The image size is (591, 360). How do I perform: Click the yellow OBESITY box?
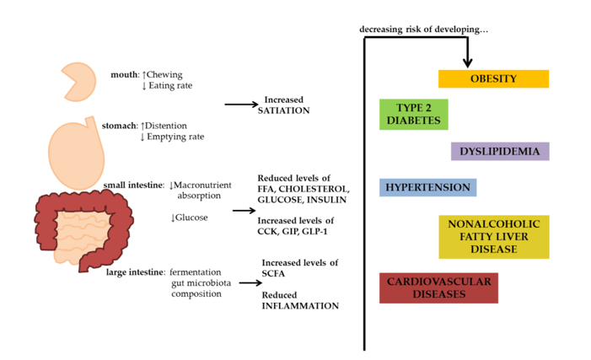click(x=493, y=78)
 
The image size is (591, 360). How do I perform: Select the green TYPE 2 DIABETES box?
click(x=413, y=114)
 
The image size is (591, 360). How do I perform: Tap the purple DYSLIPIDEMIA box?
click(x=500, y=151)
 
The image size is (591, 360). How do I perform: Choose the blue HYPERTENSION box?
click(x=427, y=187)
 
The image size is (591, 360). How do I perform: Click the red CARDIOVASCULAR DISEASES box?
click(x=438, y=287)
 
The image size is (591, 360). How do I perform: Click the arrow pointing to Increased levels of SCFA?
click(x=248, y=282)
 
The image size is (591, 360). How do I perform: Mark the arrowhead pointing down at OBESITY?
click(x=468, y=62)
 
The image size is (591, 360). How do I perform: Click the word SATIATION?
click(x=284, y=110)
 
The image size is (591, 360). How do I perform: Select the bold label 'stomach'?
click(x=119, y=125)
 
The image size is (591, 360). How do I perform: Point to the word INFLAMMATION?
click(x=299, y=305)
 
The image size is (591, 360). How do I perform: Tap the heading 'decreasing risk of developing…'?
click(x=424, y=30)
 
